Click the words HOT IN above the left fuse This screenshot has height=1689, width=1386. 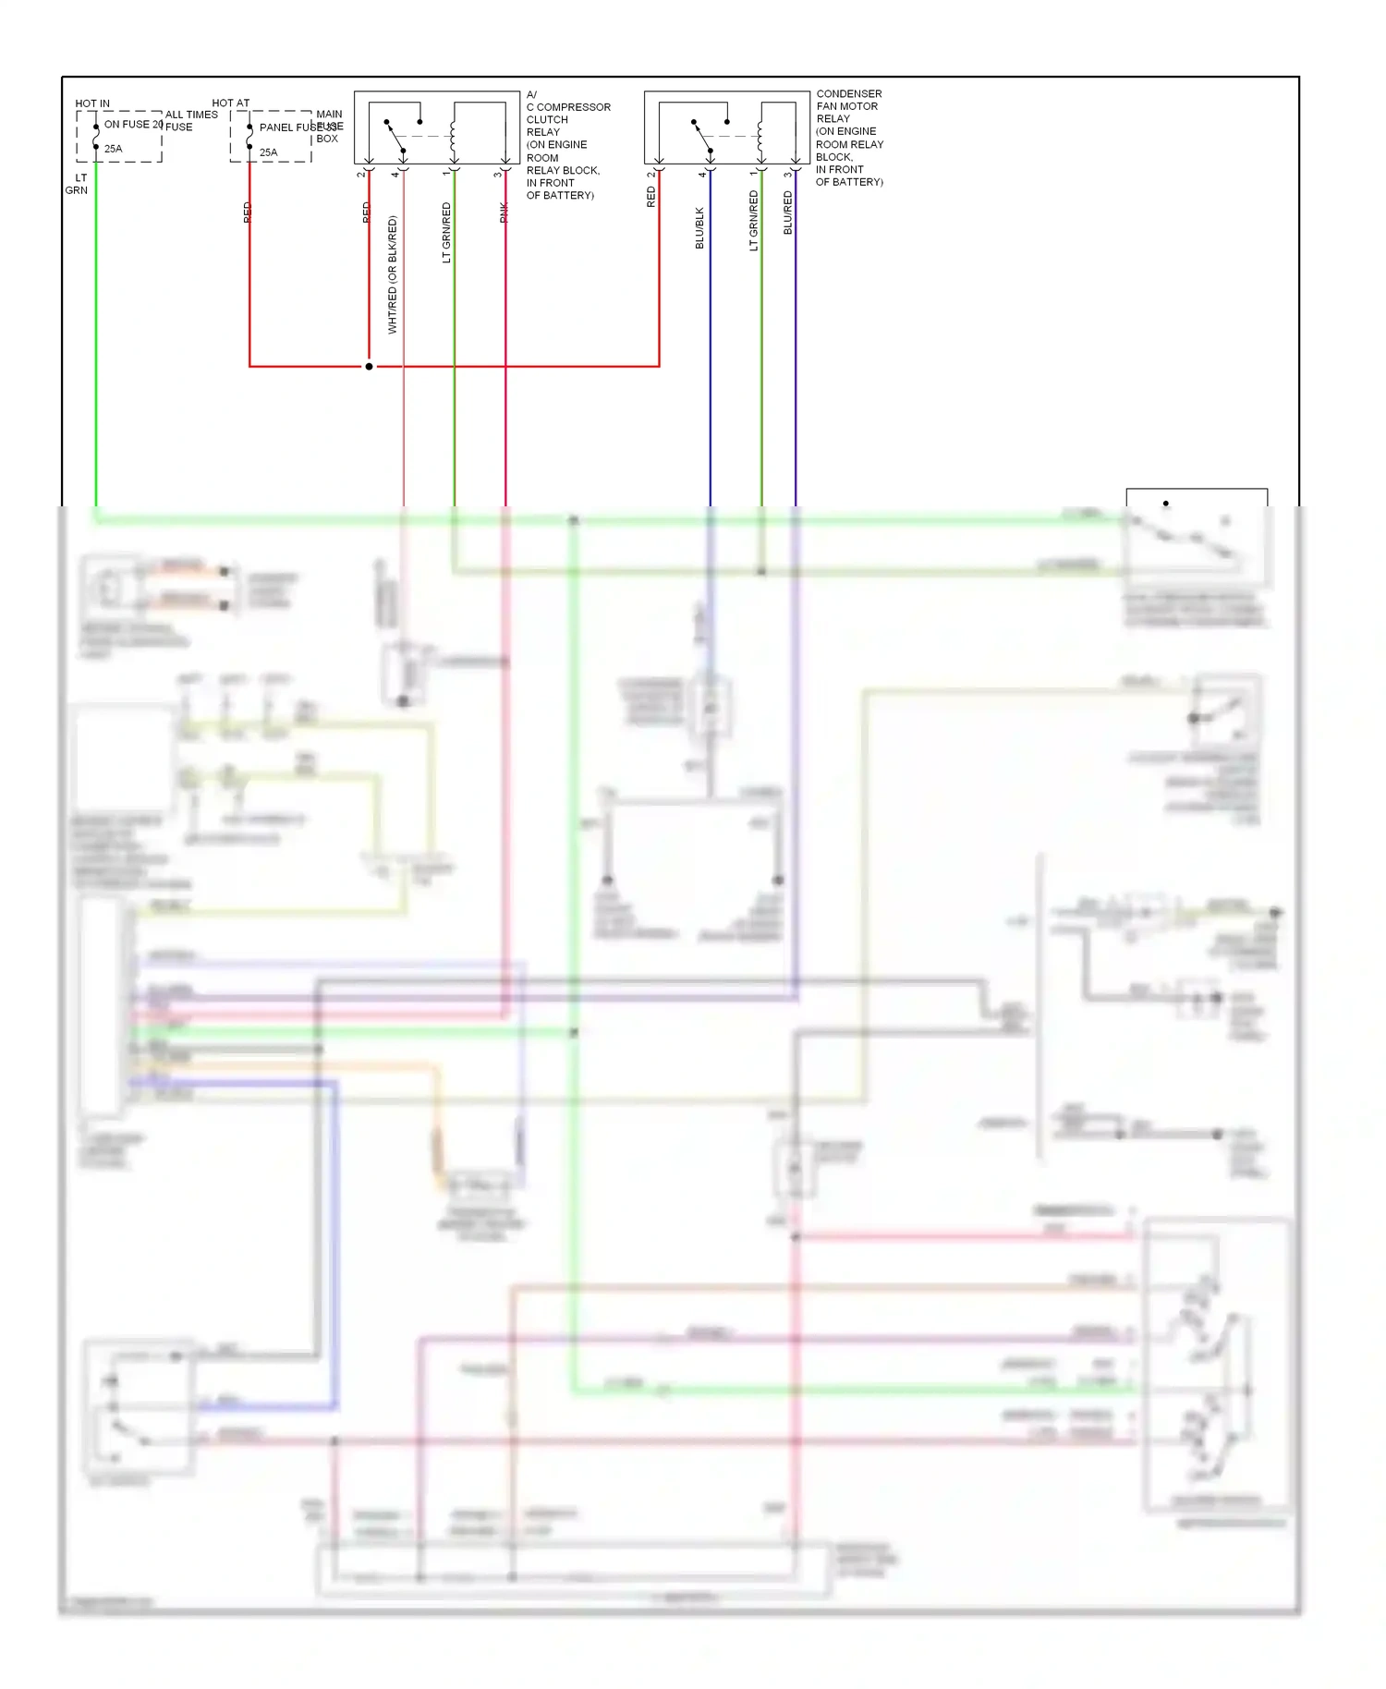pos(91,103)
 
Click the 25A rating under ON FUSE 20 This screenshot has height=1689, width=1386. pos(113,149)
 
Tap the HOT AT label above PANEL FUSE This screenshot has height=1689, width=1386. pos(230,103)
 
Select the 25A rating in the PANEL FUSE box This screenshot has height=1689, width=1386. pos(268,152)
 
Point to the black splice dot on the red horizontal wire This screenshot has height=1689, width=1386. pos(369,367)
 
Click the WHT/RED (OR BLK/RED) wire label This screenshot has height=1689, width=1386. pos(393,274)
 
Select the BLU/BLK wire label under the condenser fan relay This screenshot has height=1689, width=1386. pos(699,227)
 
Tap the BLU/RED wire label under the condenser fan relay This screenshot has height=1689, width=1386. pos(788,213)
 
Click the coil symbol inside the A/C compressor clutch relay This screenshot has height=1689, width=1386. pos(453,136)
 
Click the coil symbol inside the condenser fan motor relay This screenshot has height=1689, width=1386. pos(760,136)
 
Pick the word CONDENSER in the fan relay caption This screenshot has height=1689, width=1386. pos(848,94)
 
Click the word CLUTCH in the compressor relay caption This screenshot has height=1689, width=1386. pos(547,120)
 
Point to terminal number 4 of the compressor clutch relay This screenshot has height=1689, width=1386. pos(395,174)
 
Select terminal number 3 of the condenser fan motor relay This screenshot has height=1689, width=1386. pos(787,174)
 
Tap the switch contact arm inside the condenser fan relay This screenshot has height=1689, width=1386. pos(702,136)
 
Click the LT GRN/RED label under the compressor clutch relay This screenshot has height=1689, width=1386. pos(446,233)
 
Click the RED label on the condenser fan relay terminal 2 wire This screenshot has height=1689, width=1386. pos(651,197)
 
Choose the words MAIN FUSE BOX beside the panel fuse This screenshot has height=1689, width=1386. pos(329,127)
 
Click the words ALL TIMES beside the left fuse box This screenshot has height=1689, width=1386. pos(191,115)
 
